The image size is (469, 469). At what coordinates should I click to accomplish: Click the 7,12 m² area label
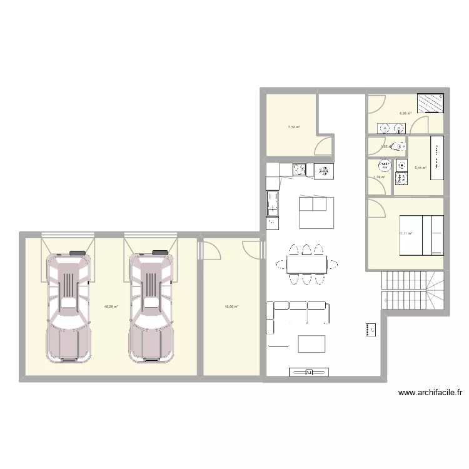pos(293,128)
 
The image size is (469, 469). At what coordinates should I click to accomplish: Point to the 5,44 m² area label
pos(420,168)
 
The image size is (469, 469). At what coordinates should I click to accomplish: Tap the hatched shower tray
pos(431,102)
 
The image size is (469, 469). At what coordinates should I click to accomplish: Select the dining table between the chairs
pos(306,265)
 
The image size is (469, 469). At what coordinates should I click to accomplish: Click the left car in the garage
pos(68,306)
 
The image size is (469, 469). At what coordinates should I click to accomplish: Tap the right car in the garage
pos(151,306)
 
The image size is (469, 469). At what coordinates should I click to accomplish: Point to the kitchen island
pos(316,212)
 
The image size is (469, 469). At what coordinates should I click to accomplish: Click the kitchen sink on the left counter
pos(273,202)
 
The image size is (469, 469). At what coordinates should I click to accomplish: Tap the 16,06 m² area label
pos(232,306)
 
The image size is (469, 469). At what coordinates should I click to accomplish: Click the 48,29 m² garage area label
pos(111,306)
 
